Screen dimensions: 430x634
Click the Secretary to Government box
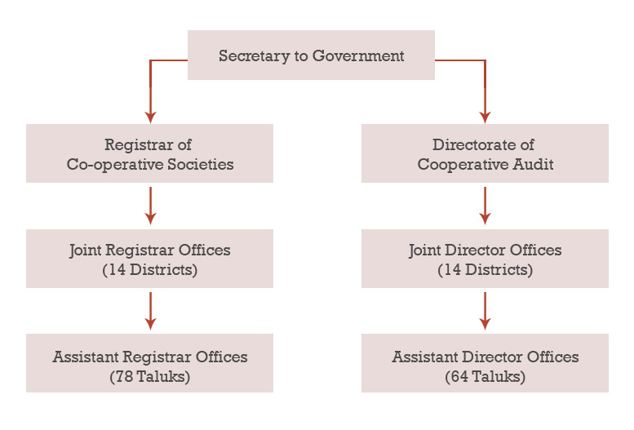tap(311, 55)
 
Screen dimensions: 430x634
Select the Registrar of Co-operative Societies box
tap(149, 153)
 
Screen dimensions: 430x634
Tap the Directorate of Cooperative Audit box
tap(485, 153)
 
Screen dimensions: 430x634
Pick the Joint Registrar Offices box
tap(149, 259)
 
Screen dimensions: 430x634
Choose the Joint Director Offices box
tap(485, 259)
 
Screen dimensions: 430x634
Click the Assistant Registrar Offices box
tap(149, 363)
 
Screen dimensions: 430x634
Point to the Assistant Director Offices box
tap(485, 363)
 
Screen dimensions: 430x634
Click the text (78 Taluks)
tap(150, 377)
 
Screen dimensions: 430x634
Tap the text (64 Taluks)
tap(485, 377)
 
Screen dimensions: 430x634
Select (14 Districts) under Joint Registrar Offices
tap(150, 270)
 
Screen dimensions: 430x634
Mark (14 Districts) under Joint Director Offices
tap(485, 270)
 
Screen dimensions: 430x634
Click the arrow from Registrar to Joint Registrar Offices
tap(150, 205)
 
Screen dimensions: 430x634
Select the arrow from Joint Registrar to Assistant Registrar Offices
tap(150, 310)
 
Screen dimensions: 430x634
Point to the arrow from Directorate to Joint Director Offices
tap(485, 205)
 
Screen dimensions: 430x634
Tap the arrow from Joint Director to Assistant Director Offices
tap(485, 310)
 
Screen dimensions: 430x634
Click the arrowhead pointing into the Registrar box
tap(150, 116)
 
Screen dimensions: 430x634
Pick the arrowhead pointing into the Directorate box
tap(485, 116)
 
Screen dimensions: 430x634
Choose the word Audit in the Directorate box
tap(534, 164)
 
